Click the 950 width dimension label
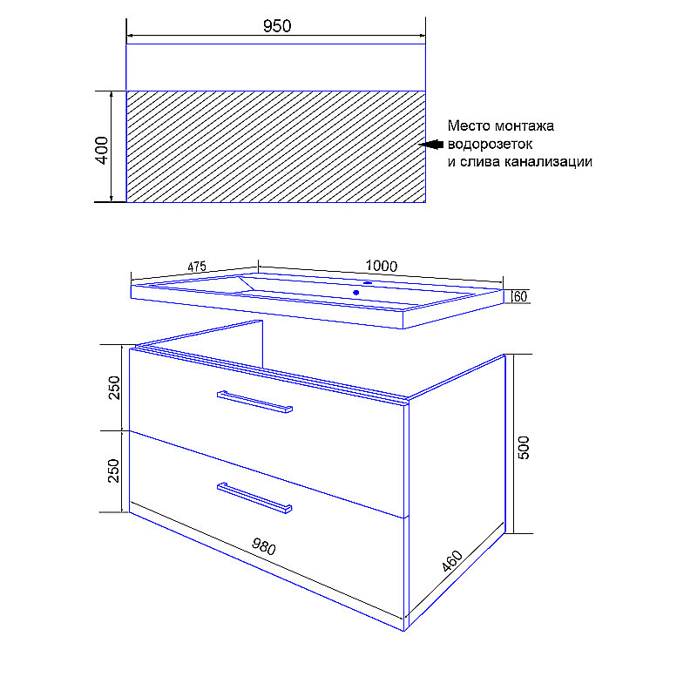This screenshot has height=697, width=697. pos(277,26)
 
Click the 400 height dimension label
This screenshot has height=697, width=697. pos(102,150)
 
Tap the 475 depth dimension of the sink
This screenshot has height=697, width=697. pos(197,267)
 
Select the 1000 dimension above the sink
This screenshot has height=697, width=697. pos(382,266)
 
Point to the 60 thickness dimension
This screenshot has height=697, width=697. pos(520,296)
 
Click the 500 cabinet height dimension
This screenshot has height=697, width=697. pos(524,447)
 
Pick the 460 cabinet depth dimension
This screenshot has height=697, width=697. pos(452,561)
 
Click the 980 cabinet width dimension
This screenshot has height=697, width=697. pos(264,546)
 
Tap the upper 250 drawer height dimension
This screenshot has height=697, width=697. pos(114,388)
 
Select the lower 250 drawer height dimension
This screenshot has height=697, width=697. pos(114,470)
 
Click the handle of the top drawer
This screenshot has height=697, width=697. pos(254,402)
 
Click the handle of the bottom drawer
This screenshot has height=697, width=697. pos(254,497)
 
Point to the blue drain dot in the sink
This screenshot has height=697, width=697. pos(356,293)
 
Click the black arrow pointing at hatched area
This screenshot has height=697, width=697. pos(431,145)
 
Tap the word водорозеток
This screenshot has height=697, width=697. pos(490,144)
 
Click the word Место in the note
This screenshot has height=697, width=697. pos(469,125)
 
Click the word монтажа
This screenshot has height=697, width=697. pos(524,125)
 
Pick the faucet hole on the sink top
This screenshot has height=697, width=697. pos(368,282)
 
